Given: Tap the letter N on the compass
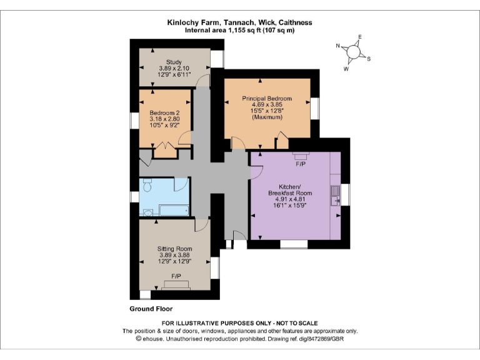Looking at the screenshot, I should click(337, 46).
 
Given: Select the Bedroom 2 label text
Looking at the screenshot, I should click(164, 113).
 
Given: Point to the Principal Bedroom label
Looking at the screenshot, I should click(267, 99).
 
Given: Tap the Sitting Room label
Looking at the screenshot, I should click(174, 249).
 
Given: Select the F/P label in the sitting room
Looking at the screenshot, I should click(176, 276).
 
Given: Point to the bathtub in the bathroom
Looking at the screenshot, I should click(172, 211).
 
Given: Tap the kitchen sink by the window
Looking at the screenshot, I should click(336, 195).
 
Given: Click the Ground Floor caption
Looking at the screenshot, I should click(151, 309).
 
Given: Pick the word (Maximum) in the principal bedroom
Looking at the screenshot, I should click(267, 117).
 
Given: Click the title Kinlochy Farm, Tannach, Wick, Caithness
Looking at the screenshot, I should click(240, 22).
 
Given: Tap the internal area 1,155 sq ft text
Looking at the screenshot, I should click(240, 30).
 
